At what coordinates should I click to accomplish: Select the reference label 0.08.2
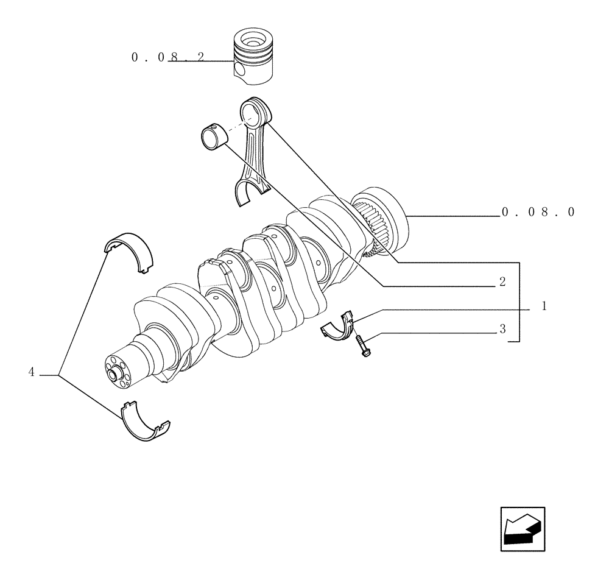[168, 58]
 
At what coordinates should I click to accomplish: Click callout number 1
[544, 306]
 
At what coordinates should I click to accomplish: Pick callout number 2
[502, 281]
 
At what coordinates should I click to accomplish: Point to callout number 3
[502, 329]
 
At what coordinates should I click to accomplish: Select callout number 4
[32, 372]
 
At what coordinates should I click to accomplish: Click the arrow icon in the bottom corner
[522, 529]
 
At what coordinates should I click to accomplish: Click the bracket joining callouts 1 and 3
[518, 302]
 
